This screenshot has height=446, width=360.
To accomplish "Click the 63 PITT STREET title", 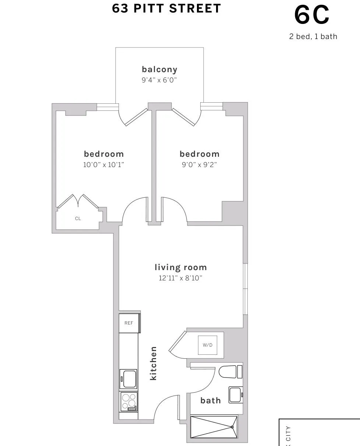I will click(166, 8).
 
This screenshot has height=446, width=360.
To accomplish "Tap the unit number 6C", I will click(312, 16).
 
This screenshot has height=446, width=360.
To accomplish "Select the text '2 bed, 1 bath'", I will click(313, 36).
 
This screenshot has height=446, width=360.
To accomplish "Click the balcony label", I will click(159, 69).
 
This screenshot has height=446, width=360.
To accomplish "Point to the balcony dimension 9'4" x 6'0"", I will click(159, 80).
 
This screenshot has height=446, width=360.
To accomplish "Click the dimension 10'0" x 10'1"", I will click(104, 164).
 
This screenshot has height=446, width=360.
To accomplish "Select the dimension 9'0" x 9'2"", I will click(199, 164).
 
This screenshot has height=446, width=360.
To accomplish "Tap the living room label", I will click(180, 267).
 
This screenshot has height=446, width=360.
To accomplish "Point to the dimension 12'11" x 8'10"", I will click(180, 278).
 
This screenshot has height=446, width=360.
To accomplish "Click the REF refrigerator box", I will click(129, 323).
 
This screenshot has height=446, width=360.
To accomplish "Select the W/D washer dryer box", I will click(208, 345).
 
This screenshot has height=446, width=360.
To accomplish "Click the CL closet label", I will click(78, 219).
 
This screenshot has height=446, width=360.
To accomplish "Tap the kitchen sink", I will click(129, 379).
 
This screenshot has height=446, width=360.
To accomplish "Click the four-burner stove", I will click(129, 401).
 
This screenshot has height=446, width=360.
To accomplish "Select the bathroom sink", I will click(236, 394).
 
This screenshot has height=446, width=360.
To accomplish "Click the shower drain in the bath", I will click(232, 427).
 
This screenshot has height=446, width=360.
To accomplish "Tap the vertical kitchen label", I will click(153, 363).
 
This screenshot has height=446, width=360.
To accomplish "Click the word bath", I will click(211, 400).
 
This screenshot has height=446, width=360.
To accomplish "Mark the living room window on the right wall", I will click(245, 289).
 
